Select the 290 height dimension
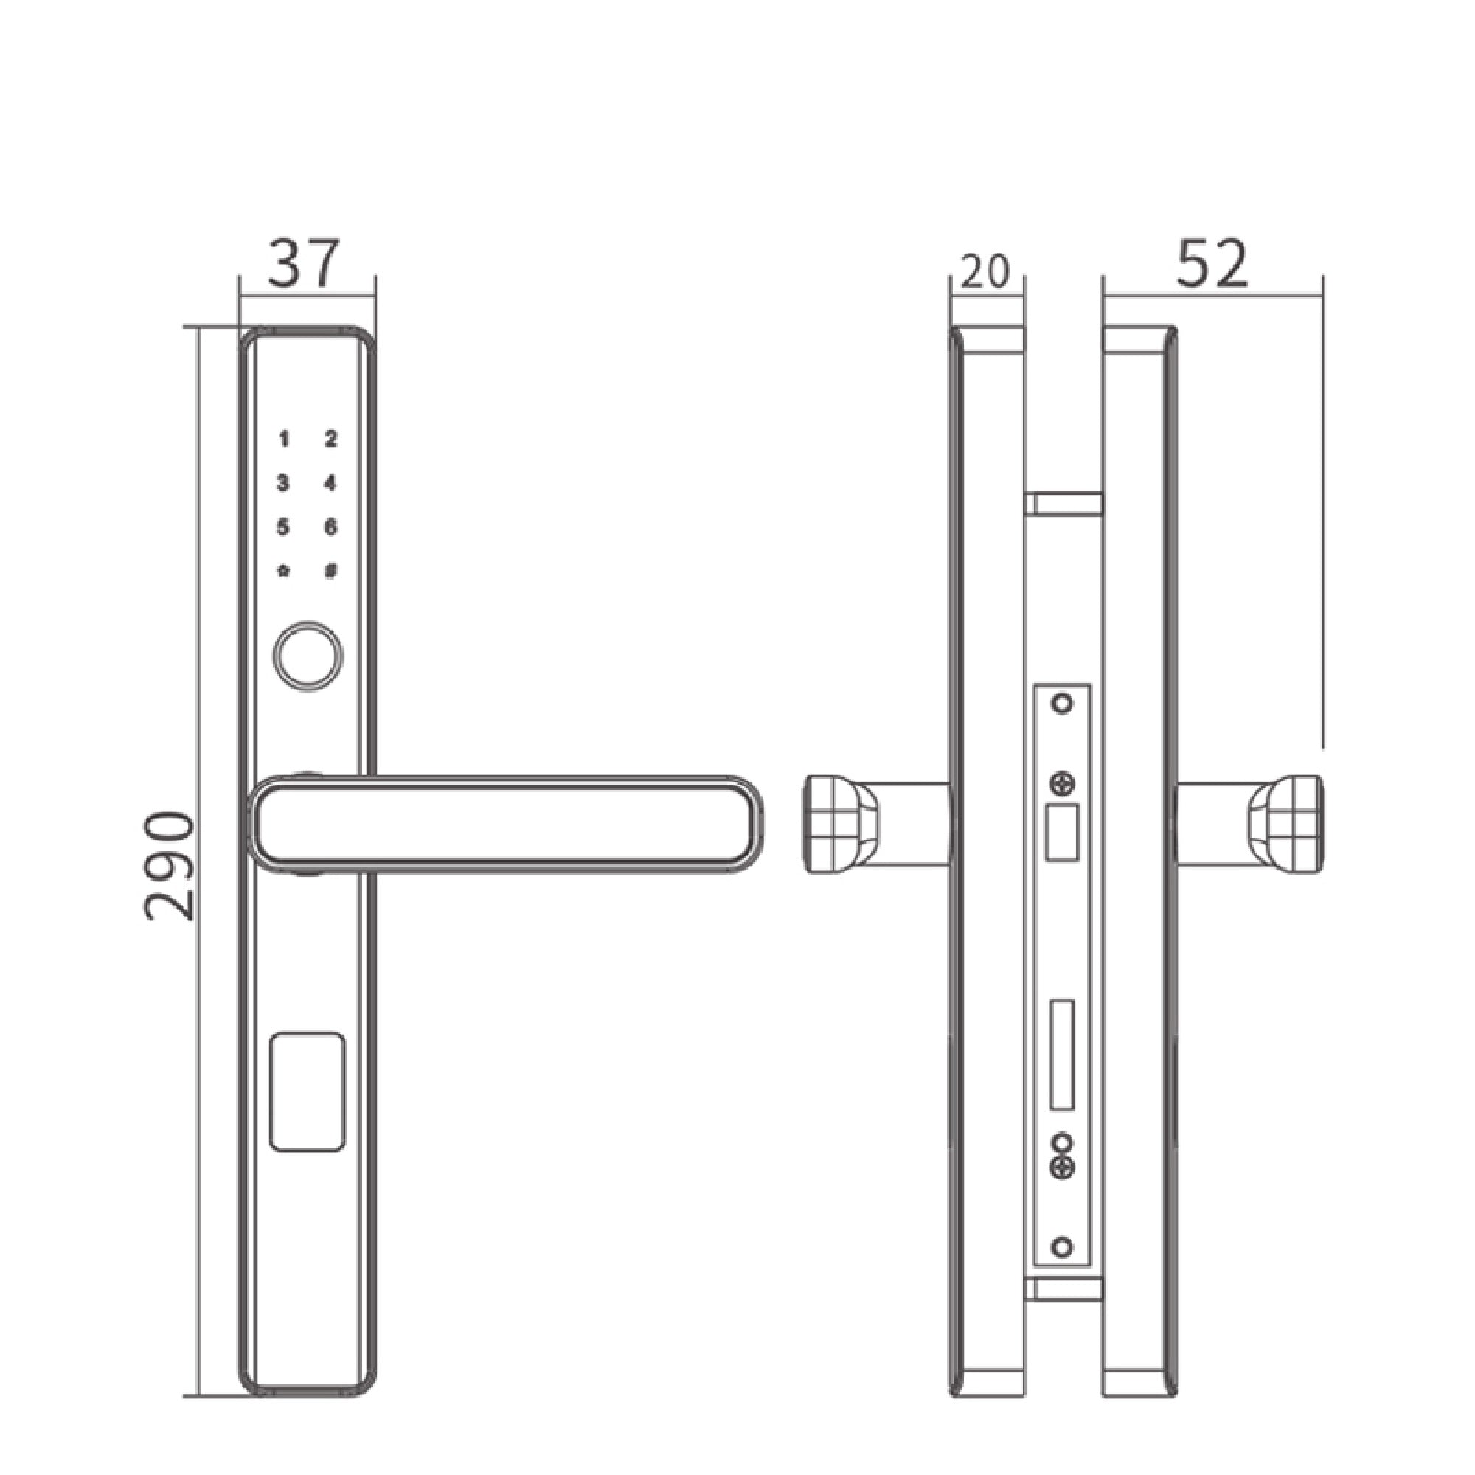click(170, 867)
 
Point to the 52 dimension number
click(1212, 263)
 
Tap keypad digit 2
click(330, 439)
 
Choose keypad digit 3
click(283, 483)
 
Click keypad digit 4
click(330, 483)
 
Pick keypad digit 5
click(283, 527)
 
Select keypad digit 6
click(330, 527)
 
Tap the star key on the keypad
click(283, 571)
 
